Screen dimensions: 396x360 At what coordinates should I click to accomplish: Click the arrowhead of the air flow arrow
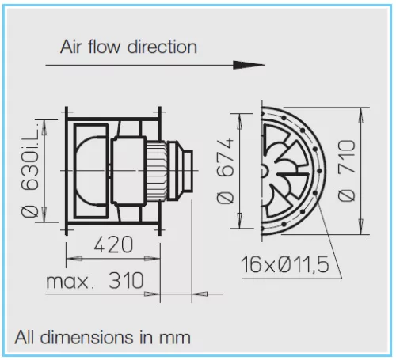248,65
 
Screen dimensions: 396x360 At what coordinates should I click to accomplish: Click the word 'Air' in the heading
71,47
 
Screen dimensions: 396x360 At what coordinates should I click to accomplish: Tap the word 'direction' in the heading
162,47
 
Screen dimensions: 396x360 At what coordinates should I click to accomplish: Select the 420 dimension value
113,244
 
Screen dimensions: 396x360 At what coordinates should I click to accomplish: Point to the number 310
126,280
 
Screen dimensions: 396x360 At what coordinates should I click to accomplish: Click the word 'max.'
69,282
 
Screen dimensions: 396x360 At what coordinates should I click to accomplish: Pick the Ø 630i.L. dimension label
31,171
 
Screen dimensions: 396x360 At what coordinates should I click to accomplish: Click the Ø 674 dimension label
225,171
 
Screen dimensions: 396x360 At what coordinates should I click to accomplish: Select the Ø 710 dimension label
347,171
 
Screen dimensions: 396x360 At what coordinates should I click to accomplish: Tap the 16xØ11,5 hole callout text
285,264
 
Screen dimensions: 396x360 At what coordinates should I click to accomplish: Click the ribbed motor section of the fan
157,170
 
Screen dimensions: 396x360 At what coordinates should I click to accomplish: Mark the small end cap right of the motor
188,170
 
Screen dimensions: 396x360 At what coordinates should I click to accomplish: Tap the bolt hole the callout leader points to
315,193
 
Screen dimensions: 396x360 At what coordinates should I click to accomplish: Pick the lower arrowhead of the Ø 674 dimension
239,221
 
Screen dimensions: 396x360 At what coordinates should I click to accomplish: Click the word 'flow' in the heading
105,47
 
